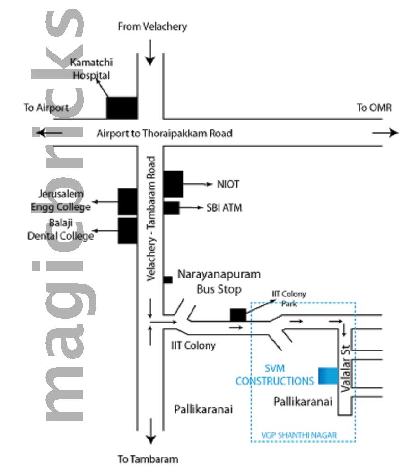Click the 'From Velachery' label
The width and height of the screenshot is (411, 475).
pos(152,27)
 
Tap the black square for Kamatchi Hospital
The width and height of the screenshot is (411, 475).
pos(122,108)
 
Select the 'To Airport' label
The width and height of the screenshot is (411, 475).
pos(46,108)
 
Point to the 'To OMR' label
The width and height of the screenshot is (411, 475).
pos(374,108)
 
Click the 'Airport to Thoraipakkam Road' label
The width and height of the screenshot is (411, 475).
pos(165,133)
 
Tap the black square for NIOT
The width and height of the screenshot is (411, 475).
pos(173,184)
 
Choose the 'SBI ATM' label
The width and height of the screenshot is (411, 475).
pos(224,207)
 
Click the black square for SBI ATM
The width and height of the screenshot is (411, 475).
pos(171,207)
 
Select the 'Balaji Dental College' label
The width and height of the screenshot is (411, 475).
pos(60,229)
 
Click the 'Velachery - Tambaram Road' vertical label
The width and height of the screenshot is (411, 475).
pos(151,219)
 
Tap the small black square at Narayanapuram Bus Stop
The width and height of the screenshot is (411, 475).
pos(167,279)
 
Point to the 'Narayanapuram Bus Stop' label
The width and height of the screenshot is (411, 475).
pos(219,281)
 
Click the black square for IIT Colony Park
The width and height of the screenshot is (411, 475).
pos(238,314)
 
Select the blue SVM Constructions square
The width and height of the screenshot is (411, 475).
pos(328,376)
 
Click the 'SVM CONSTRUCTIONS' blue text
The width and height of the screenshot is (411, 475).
pos(274,375)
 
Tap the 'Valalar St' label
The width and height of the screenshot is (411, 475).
pos(348,369)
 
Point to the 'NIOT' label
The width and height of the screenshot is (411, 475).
pos(227,184)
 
